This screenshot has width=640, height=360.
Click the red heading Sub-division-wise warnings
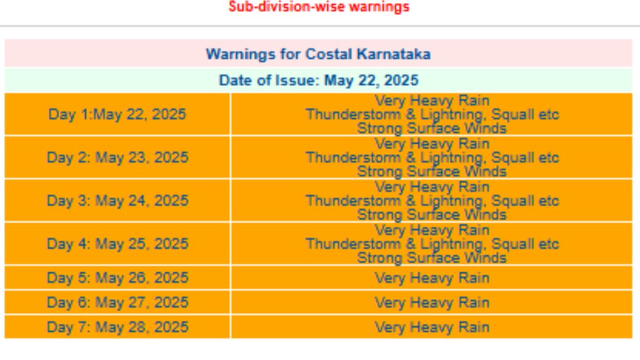319,7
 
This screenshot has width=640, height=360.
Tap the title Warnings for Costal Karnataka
318,54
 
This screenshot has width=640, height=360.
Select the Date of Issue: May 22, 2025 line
318,81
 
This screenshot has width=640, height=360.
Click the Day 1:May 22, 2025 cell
117,114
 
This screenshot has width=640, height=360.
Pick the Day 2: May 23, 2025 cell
117,157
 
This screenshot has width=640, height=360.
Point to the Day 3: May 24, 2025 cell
117,201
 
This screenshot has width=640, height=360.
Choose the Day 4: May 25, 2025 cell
117,244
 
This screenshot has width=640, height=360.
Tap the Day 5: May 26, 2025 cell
117,278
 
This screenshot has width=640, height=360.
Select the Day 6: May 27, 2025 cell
117,302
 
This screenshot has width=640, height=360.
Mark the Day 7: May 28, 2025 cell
117,327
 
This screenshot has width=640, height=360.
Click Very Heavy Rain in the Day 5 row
432,278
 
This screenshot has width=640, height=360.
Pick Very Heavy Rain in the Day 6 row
432,302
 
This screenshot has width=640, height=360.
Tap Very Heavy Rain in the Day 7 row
432,327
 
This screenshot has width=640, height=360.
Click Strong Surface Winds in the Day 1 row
431,129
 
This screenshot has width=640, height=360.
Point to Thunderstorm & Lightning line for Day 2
433,158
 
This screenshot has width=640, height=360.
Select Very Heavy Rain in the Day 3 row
432,187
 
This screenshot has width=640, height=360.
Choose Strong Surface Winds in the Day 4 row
431,258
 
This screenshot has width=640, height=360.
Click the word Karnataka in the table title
394,54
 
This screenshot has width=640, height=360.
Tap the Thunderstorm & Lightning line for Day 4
433,244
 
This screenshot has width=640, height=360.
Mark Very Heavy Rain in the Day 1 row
432,101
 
